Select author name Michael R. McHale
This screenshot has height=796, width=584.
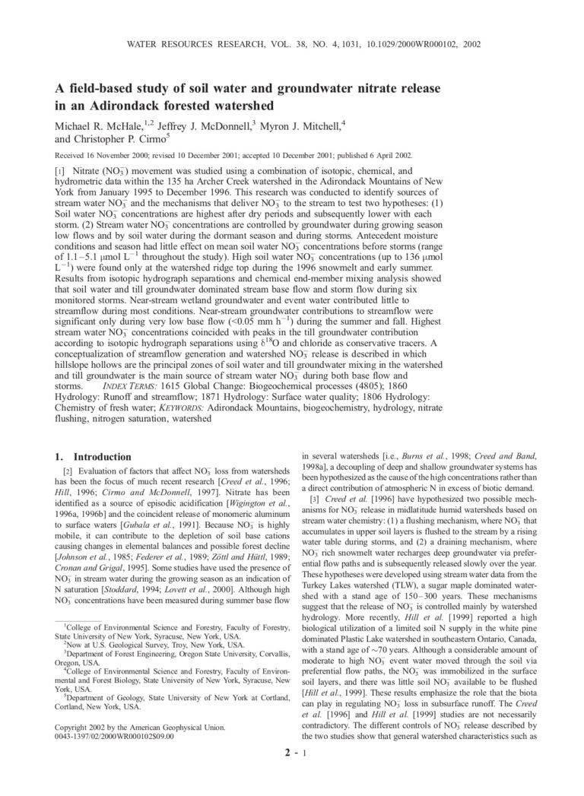coord(94,124)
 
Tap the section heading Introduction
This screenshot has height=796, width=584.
coord(103,457)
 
